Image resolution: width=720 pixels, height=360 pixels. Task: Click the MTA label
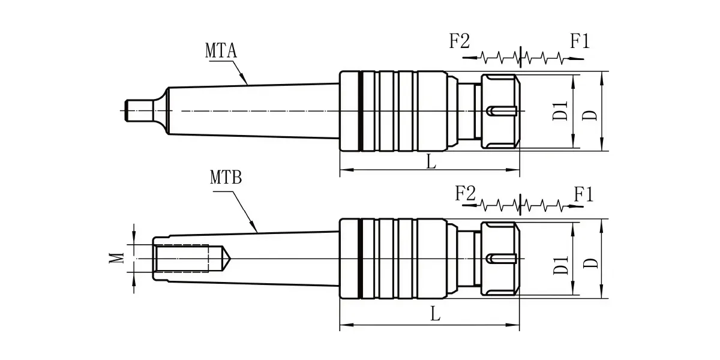(x=221, y=50)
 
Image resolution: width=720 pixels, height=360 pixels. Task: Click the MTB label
(x=226, y=177)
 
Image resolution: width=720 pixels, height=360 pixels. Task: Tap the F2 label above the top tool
(x=460, y=41)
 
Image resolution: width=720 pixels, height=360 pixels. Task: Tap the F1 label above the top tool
(x=580, y=41)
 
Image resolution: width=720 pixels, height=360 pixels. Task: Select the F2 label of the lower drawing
(x=465, y=193)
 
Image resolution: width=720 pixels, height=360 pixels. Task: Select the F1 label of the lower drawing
(x=584, y=194)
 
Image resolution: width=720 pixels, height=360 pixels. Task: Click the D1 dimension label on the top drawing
(x=560, y=111)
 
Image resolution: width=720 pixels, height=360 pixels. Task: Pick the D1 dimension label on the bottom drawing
(x=561, y=265)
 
